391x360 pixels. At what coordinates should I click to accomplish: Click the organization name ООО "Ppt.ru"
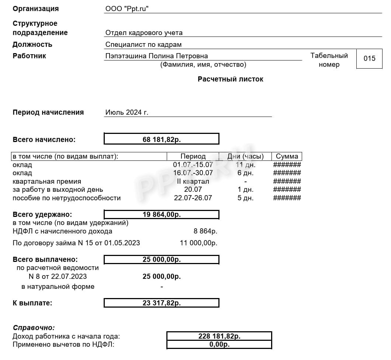click(x=127, y=8)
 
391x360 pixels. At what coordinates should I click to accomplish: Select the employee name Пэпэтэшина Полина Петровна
click(x=156, y=56)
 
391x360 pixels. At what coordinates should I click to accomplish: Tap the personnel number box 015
click(x=369, y=58)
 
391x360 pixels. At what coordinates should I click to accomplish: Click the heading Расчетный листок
click(x=230, y=79)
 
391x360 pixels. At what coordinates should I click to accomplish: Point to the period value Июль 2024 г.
click(x=127, y=112)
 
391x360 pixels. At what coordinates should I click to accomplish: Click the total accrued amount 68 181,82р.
click(x=162, y=139)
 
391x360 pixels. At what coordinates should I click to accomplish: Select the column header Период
click(x=193, y=156)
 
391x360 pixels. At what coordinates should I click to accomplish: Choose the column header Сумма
click(x=287, y=156)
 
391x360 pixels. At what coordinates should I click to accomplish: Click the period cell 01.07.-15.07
click(x=193, y=165)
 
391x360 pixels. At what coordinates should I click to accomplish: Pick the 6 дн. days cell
click(x=245, y=173)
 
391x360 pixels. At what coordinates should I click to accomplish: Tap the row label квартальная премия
click(x=47, y=181)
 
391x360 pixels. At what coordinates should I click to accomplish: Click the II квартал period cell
click(x=193, y=181)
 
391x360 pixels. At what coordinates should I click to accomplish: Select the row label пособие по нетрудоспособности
click(x=66, y=198)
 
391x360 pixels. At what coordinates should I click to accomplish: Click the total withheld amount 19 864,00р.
click(x=162, y=215)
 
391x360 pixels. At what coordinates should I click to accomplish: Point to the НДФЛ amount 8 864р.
click(x=205, y=231)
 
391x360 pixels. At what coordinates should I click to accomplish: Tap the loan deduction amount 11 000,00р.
click(x=198, y=243)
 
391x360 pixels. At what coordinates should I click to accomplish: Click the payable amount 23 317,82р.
click(x=162, y=303)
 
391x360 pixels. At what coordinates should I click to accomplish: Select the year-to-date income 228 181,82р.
click(x=219, y=336)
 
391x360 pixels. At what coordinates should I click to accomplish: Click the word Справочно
click(x=34, y=328)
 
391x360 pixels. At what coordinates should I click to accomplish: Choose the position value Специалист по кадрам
click(x=143, y=45)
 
